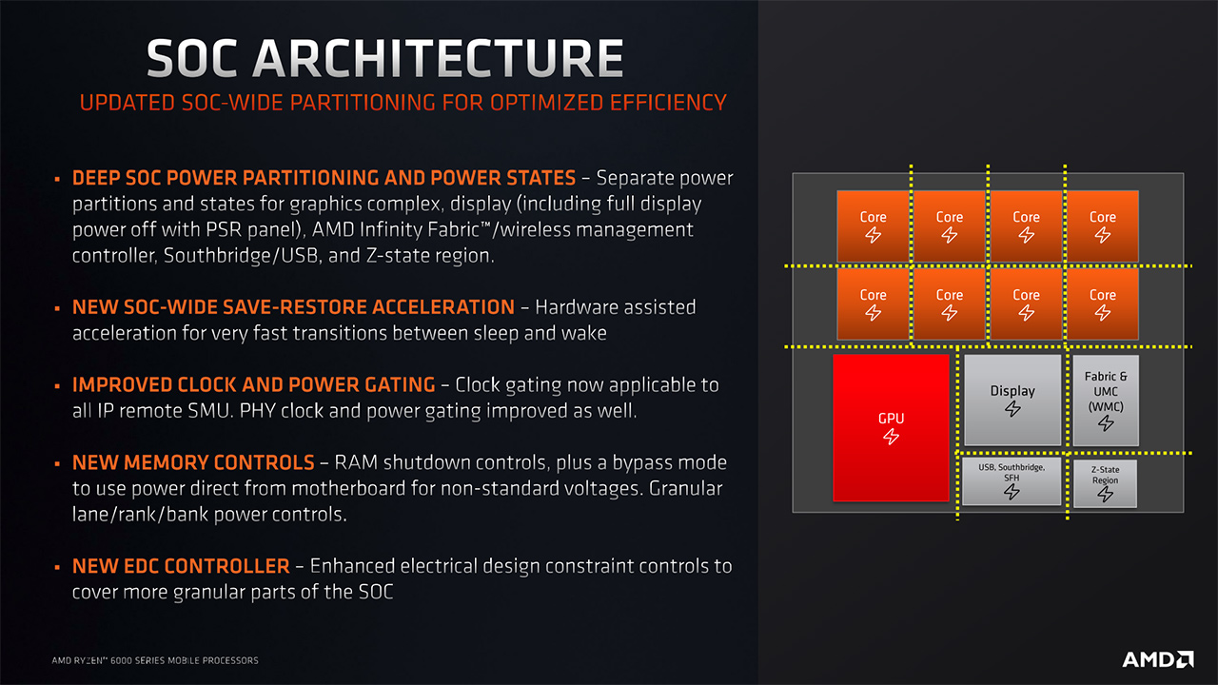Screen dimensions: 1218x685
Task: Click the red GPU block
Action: point(891,427)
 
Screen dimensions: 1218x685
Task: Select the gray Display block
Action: point(1012,401)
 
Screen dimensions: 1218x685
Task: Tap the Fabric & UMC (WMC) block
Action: point(1106,401)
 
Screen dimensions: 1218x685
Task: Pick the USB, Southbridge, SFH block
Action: point(1012,481)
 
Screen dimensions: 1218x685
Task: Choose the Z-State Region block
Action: point(1105,483)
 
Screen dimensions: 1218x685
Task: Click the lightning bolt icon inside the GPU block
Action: point(891,437)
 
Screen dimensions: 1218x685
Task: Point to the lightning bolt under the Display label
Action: point(1012,409)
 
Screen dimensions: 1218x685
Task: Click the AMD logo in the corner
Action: point(1158,659)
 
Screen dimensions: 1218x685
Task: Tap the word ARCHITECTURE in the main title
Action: point(439,58)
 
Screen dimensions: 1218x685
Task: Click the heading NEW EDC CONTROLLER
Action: point(181,566)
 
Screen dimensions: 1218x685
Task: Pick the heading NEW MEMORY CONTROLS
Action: point(193,462)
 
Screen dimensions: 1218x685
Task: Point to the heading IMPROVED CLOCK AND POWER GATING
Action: point(254,385)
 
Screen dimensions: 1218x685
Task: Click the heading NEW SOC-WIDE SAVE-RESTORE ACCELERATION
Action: point(294,307)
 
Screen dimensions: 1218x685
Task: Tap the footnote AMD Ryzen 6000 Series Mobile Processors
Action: point(155,660)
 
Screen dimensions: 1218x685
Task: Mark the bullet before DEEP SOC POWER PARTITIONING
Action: point(57,178)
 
